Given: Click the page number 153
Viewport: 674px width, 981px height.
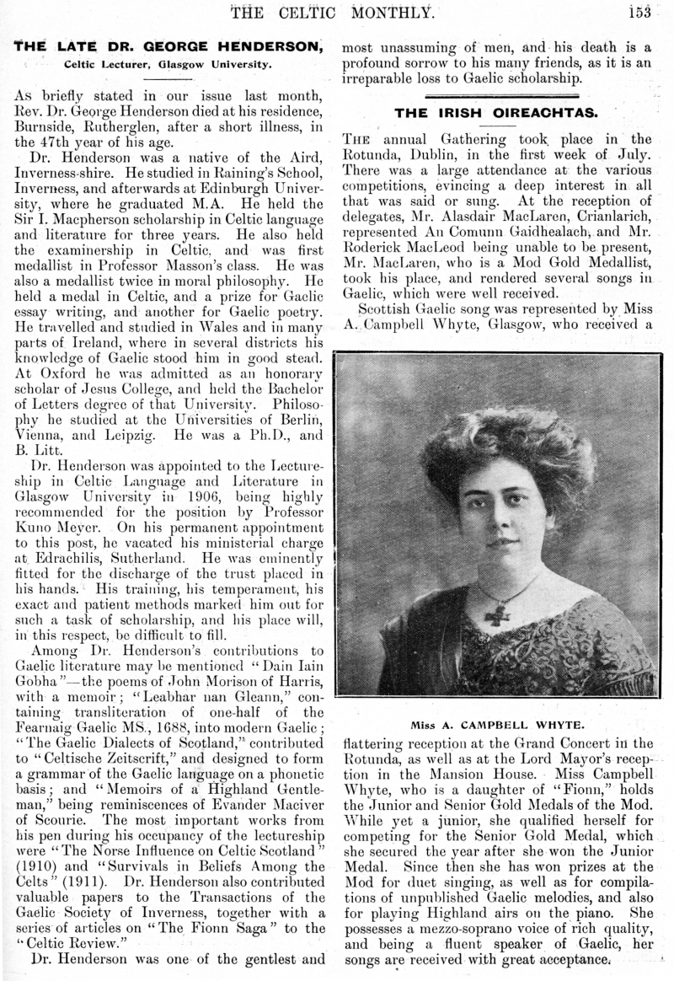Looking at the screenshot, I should pos(650,11).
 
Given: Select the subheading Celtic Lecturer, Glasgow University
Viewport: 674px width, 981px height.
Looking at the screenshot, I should pos(168,64).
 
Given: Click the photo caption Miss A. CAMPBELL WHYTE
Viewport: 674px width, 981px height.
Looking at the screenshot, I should pos(503,724).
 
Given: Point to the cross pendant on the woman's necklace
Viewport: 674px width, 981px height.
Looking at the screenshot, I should pos(496,613).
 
